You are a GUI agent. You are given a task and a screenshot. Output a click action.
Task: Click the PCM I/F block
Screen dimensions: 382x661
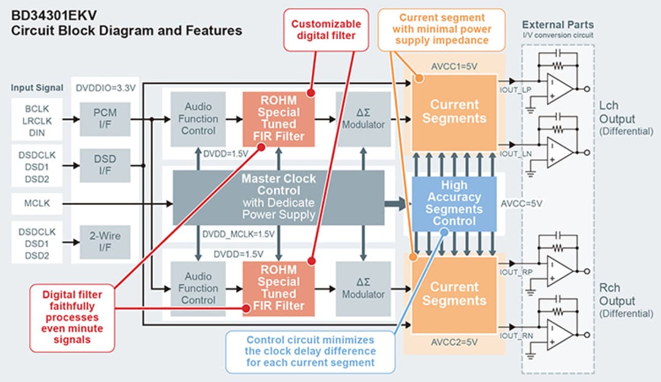[x=105, y=118]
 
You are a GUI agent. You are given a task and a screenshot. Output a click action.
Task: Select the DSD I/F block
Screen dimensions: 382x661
[x=105, y=165]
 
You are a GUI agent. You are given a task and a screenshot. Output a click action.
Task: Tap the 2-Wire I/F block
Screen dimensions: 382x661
[x=105, y=241]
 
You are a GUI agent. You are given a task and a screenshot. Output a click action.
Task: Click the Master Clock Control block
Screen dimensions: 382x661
[x=278, y=197]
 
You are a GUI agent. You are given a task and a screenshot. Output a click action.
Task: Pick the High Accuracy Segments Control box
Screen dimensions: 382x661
[x=454, y=203]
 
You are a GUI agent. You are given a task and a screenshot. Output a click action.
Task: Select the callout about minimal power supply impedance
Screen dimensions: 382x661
[x=441, y=28]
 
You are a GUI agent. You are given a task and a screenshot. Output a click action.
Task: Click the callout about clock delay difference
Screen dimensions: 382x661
[x=310, y=351]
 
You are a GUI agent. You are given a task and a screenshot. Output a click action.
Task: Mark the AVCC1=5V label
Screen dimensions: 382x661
[x=453, y=66]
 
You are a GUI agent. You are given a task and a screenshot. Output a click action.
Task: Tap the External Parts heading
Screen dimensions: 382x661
[x=557, y=25]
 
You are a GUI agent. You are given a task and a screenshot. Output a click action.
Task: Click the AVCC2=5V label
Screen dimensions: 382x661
[x=453, y=340]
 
